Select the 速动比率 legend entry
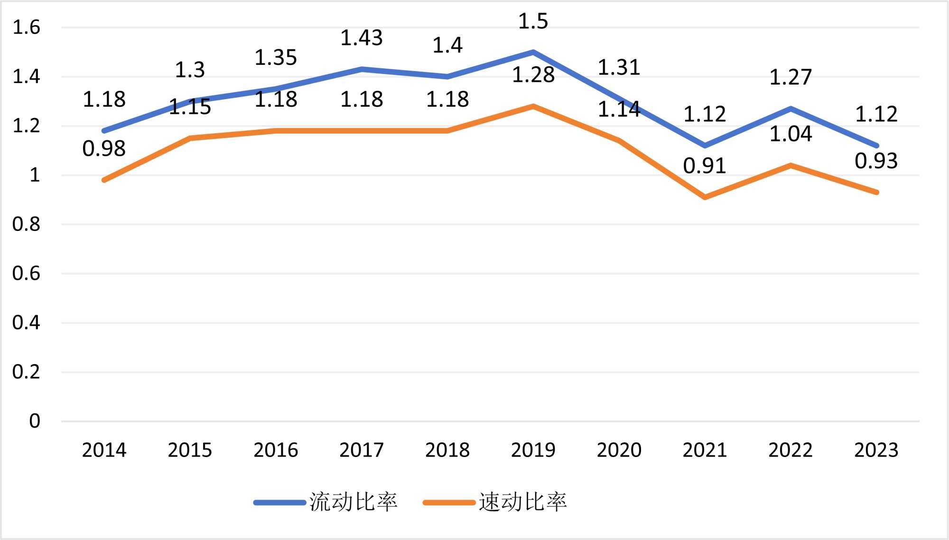tap(496, 502)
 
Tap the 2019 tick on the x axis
tap(533, 450)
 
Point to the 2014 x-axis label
tap(104, 450)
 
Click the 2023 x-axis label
tap(876, 450)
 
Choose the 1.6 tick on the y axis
tap(27, 27)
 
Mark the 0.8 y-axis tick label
tap(27, 224)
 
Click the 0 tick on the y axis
tap(35, 421)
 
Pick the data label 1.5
tap(533, 21)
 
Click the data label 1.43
tap(362, 38)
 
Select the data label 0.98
tap(104, 149)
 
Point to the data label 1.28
tap(533, 75)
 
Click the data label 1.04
tap(791, 134)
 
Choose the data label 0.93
tap(876, 161)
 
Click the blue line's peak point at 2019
tap(533, 52)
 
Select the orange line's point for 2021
tap(705, 197)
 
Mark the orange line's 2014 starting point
tap(104, 180)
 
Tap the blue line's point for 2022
tap(791, 109)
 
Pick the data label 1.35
tap(276, 58)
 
